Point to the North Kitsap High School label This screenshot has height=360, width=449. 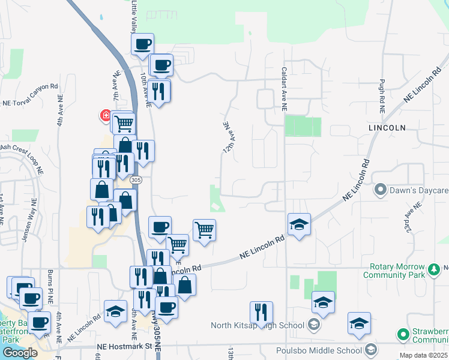coord(258,326)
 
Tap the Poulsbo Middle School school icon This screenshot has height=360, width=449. coord(370,350)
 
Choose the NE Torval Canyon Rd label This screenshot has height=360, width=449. coord(30,102)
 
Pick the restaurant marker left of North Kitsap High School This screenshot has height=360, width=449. coord(261,312)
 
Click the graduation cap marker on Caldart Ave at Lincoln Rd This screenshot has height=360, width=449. coord(299,224)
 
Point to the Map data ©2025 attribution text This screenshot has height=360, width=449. coord(423,355)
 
